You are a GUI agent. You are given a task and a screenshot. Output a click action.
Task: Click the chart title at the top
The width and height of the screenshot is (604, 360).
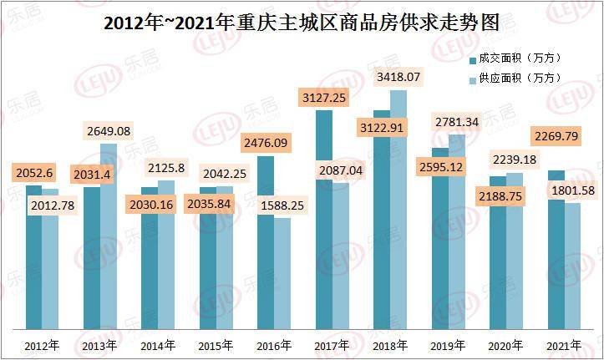301,23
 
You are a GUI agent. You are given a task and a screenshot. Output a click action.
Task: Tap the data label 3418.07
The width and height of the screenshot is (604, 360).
398,78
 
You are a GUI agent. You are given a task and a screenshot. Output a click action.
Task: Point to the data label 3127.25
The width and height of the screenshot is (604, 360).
325,99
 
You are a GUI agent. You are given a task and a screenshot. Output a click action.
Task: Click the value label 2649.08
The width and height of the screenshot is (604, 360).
109,131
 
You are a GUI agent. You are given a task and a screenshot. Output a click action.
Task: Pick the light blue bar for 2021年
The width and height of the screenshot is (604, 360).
572,267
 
